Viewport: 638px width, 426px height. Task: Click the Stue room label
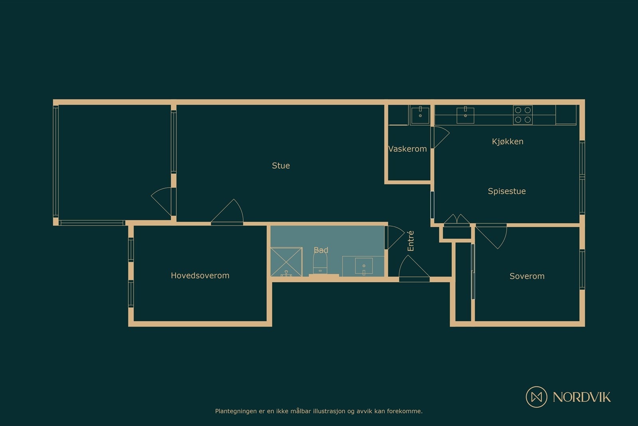(x=281, y=166)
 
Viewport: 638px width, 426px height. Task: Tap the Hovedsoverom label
(x=200, y=275)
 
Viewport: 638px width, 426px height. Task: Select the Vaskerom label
(x=408, y=149)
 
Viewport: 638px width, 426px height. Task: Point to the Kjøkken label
(x=507, y=141)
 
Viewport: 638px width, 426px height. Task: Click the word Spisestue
(x=506, y=191)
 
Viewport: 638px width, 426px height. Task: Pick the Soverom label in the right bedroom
(x=527, y=276)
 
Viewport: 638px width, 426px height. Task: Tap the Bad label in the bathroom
(x=321, y=250)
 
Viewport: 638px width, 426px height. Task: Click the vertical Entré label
(x=410, y=241)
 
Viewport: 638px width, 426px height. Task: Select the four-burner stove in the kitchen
(x=522, y=115)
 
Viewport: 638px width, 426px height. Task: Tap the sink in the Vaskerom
(x=420, y=115)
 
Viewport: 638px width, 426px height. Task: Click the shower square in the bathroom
(x=286, y=262)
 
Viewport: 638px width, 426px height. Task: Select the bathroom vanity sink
(x=363, y=266)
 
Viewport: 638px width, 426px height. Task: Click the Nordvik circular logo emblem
(x=536, y=396)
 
